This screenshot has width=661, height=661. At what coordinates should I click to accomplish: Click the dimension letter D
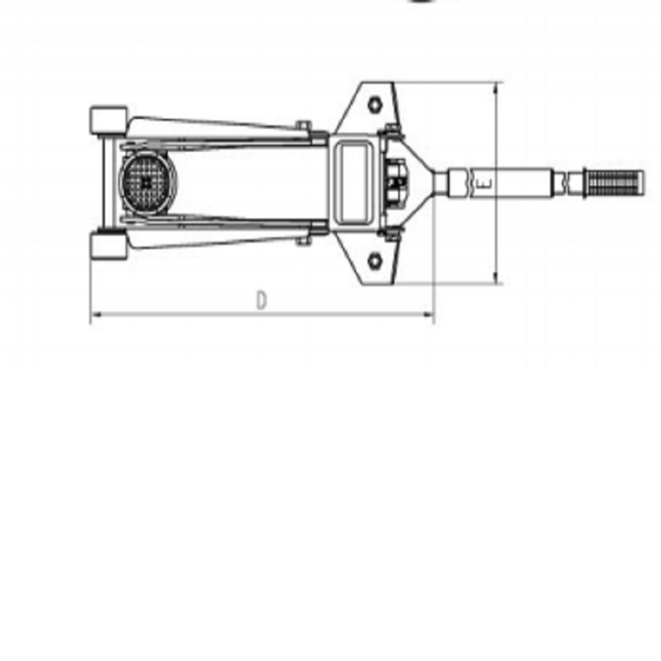261,301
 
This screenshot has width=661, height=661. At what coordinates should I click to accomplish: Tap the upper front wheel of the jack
108,120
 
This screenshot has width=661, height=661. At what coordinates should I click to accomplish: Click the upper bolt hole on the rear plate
375,104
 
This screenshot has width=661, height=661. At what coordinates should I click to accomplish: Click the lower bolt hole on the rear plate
375,261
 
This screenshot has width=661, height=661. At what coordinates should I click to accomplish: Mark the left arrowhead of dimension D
93,316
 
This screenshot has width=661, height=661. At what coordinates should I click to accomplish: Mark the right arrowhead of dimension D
430,316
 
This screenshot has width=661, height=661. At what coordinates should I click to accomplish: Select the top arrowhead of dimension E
497,87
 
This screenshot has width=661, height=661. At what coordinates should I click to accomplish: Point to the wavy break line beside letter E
467,184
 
